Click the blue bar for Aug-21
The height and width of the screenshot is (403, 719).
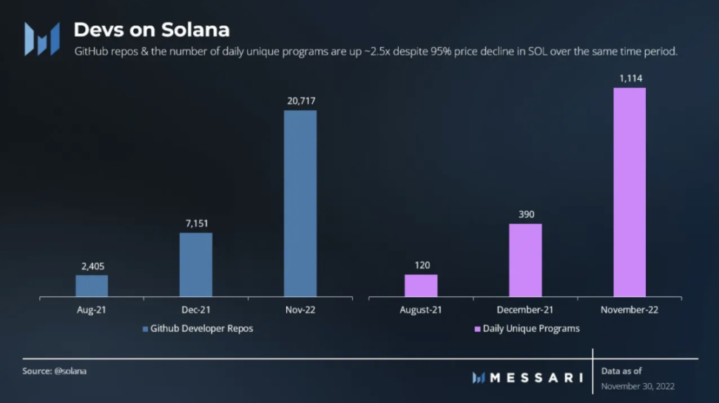coord(92,286)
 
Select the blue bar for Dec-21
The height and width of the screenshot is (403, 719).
coord(196,265)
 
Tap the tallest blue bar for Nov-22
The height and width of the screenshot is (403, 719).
coord(300,204)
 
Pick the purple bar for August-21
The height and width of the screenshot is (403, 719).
coord(421,286)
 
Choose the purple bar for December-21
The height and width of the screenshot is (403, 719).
coord(525,260)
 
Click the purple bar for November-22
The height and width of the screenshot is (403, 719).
coord(629,192)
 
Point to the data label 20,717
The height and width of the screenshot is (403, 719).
coord(300,101)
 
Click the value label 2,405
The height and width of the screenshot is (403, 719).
coord(92,265)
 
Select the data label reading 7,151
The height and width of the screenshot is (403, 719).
coord(196,223)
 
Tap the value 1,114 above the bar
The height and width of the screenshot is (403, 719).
coord(629,78)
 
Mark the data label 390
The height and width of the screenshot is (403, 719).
coord(525,214)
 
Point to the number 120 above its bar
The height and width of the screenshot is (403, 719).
coord(421,265)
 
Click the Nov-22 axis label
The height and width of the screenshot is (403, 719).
coord(300,310)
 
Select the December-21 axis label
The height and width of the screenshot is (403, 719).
coord(525,310)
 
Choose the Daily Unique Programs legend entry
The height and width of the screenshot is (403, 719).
coord(527,328)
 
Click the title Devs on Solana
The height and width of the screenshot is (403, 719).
coord(151,30)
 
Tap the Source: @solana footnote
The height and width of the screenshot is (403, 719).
coord(55,371)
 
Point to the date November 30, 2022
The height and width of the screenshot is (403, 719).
coord(638,386)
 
